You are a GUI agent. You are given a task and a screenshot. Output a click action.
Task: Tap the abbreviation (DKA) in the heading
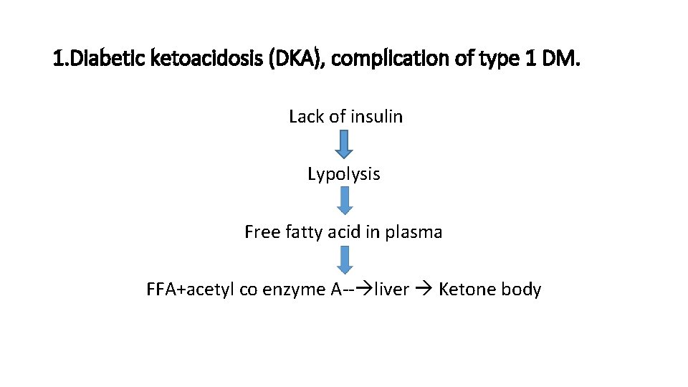click(292, 59)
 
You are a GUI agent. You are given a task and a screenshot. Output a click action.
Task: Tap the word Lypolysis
click(344, 174)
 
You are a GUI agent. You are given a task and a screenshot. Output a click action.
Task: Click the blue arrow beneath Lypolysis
click(345, 201)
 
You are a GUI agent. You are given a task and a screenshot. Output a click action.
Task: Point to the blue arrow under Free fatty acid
click(345, 259)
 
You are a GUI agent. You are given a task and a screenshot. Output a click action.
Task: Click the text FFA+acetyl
click(183, 290)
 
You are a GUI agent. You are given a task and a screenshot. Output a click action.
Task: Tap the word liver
click(391, 290)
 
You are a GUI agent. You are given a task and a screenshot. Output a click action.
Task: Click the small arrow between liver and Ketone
click(423, 290)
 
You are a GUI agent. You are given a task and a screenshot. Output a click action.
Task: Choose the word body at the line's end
click(521, 290)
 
